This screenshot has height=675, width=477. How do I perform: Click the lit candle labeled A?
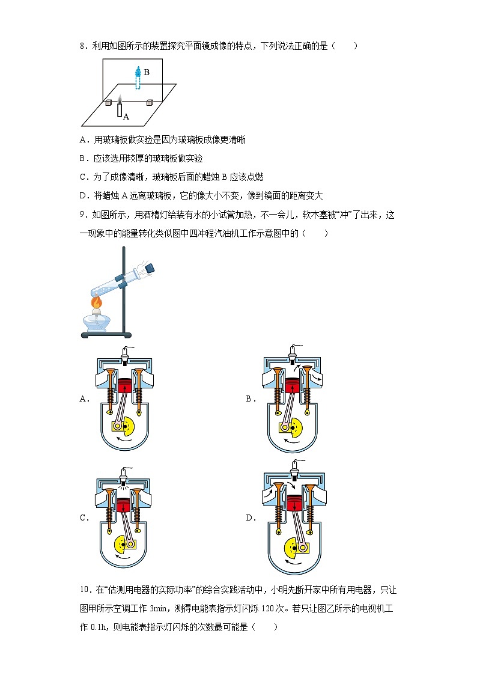[120, 109]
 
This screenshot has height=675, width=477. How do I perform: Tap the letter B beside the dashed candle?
[147, 72]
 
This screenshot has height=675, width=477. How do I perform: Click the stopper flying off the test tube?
[148, 267]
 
